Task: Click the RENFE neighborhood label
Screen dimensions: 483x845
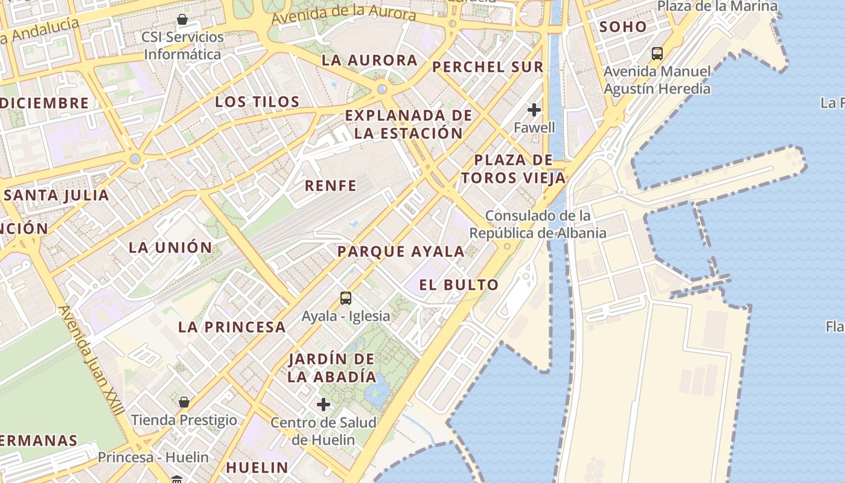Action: point(330,185)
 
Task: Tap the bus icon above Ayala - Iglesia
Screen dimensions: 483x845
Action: point(346,298)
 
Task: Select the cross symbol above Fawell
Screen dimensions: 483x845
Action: point(534,109)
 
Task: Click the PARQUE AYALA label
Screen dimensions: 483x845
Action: point(401,252)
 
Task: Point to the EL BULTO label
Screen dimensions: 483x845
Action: point(459,285)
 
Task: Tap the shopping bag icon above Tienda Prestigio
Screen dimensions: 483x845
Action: point(184,401)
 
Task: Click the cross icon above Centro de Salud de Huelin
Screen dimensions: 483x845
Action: point(324,404)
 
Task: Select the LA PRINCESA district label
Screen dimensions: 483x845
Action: point(231,327)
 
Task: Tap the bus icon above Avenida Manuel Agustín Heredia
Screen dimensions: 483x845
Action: point(657,54)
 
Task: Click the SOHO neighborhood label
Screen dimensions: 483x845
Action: point(622,27)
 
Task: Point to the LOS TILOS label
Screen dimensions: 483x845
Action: point(257,101)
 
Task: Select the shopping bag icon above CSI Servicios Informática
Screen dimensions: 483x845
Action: point(182,19)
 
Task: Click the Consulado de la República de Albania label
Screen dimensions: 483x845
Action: point(538,224)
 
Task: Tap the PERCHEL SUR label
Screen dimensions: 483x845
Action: point(488,67)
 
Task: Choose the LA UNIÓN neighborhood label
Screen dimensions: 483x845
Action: point(170,247)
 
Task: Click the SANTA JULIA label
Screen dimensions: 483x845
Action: point(57,195)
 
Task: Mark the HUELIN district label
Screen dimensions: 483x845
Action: point(257,467)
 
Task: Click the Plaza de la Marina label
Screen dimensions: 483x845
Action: point(717,6)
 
